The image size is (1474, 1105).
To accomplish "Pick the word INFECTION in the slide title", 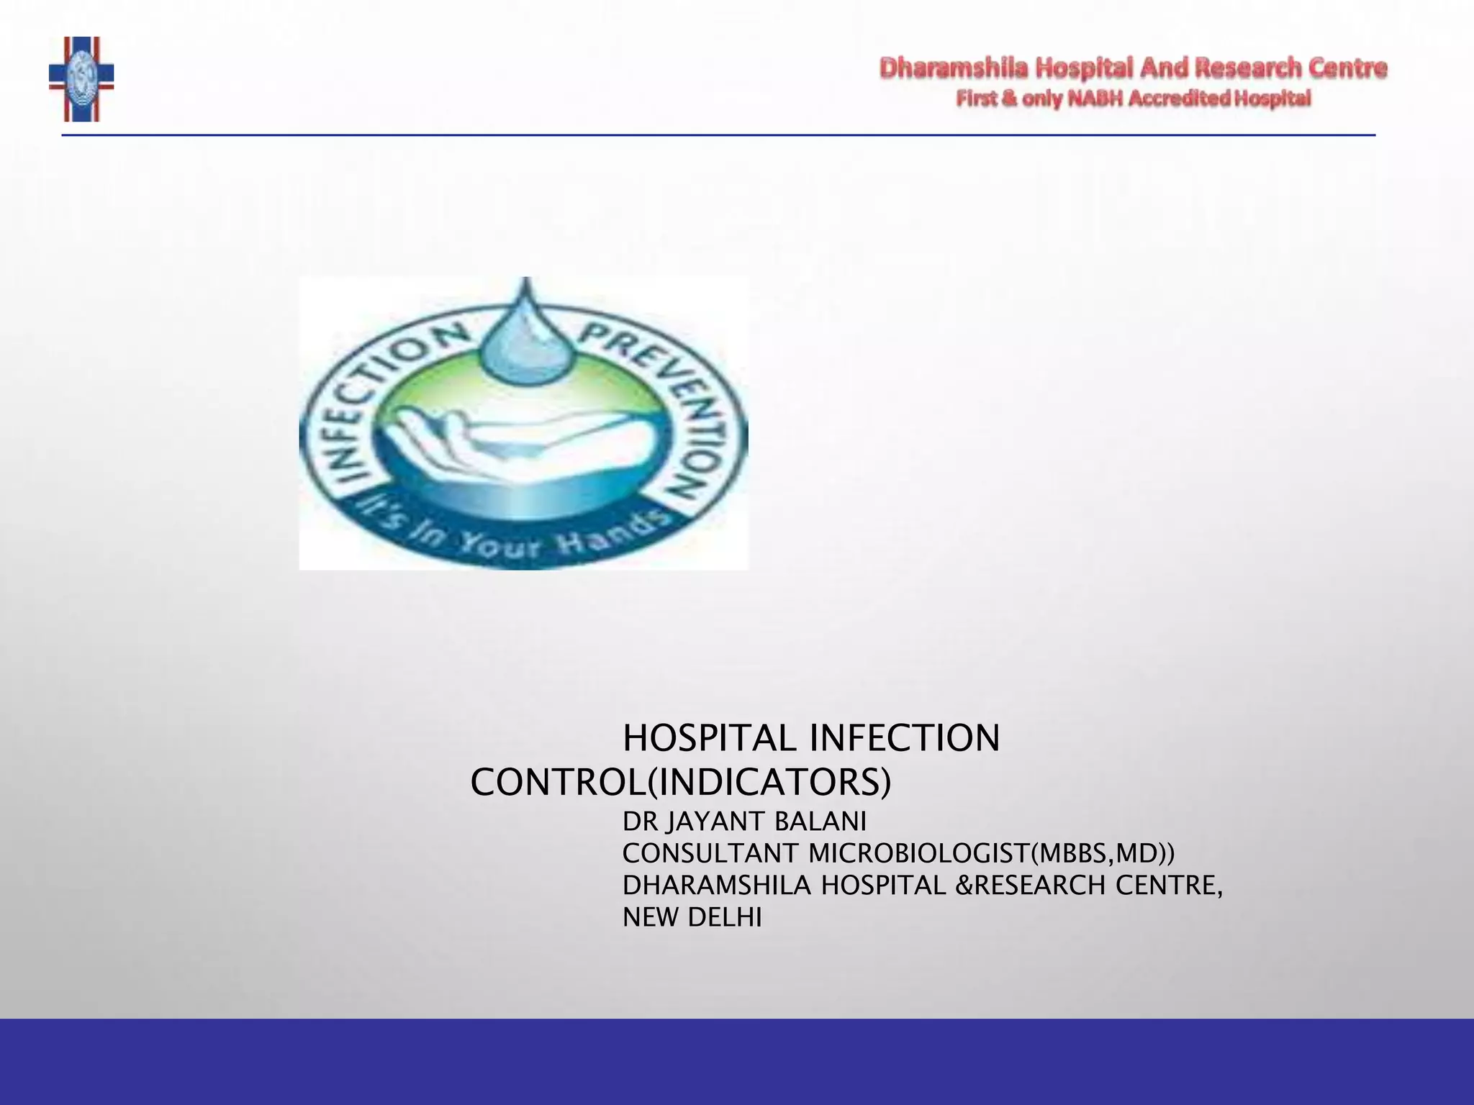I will coord(905,738).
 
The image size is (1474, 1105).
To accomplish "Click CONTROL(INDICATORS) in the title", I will coord(680,783).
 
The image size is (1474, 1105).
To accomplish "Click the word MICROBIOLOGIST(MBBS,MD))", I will coord(991,854).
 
